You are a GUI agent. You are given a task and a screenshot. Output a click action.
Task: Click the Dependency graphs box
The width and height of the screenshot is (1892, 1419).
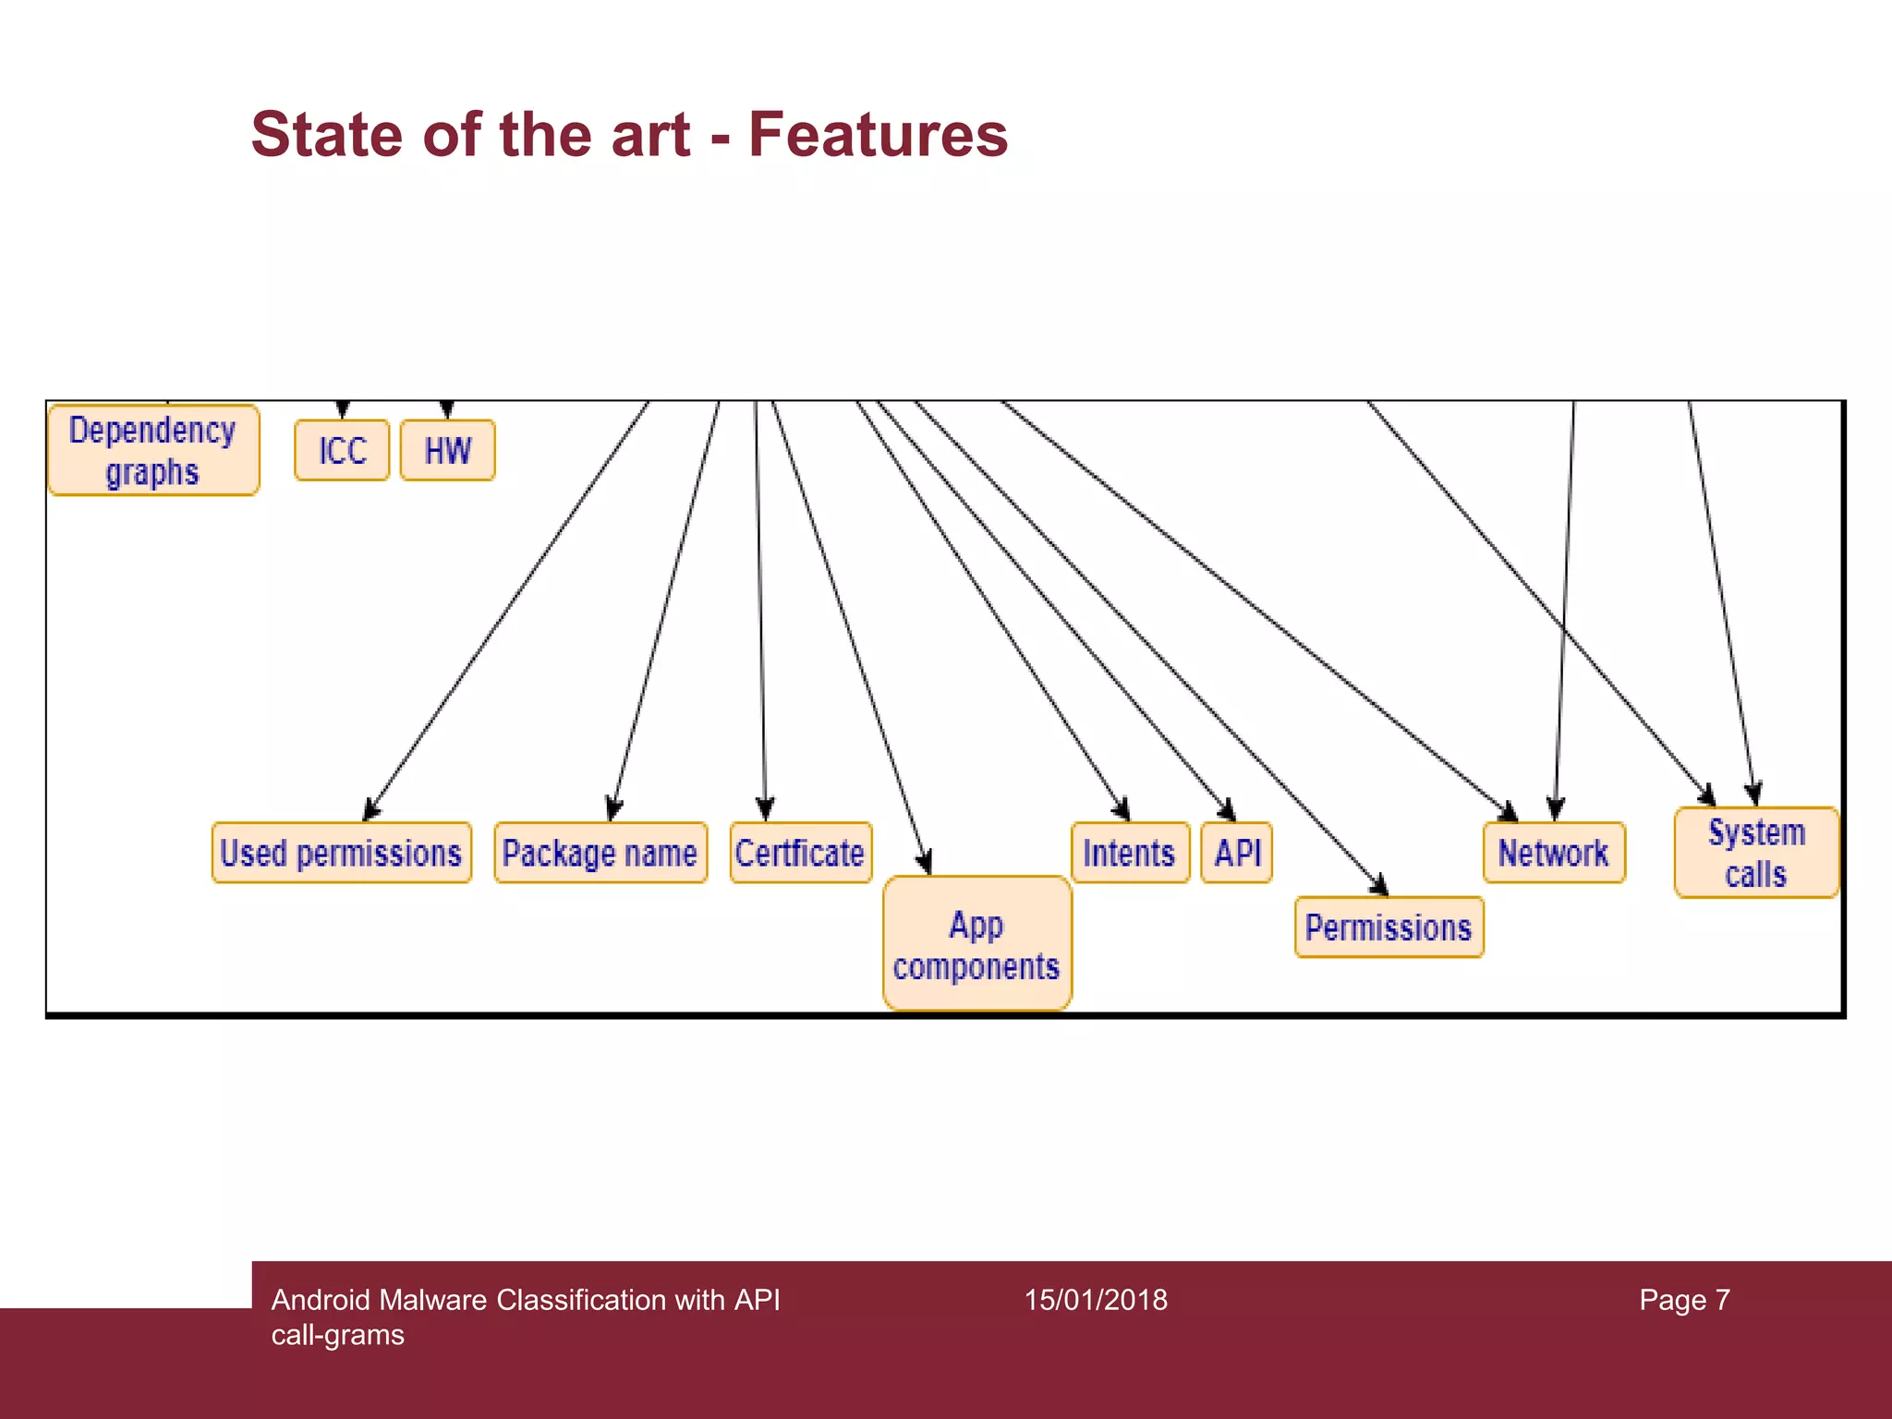(x=153, y=451)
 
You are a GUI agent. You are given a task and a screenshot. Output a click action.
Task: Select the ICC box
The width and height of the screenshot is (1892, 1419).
(x=342, y=451)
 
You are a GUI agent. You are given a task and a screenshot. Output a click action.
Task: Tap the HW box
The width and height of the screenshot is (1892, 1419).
(x=448, y=451)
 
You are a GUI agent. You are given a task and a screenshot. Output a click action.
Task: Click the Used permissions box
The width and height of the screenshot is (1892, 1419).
(x=341, y=853)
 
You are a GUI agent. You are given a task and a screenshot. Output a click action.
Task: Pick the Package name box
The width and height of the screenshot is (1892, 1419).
(x=600, y=853)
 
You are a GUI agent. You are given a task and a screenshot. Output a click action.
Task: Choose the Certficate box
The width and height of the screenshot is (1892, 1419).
(x=800, y=853)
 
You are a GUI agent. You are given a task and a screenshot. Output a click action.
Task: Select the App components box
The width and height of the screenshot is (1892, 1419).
(x=976, y=944)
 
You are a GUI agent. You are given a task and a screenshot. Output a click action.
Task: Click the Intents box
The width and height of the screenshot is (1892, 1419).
(x=1129, y=853)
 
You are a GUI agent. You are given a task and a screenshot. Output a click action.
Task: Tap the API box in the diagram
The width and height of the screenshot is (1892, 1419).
(x=1237, y=853)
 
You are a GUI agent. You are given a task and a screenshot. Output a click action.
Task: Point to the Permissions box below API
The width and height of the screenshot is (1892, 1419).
(x=1389, y=928)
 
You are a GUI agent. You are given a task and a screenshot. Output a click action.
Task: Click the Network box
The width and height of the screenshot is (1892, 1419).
(x=1554, y=853)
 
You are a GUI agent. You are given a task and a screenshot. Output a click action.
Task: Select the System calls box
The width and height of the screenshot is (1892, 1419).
(x=1756, y=853)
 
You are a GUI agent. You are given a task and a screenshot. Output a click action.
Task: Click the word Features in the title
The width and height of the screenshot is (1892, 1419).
(x=878, y=135)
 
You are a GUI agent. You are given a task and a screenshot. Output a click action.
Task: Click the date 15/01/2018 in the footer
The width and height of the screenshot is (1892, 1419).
(x=1096, y=1300)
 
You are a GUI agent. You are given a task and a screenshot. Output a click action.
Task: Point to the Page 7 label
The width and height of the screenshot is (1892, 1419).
(x=1684, y=1300)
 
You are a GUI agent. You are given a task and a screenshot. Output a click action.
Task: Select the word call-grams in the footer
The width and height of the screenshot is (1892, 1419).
(x=337, y=1335)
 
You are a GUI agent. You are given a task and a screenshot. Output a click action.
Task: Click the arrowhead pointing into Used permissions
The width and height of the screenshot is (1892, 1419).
(x=371, y=810)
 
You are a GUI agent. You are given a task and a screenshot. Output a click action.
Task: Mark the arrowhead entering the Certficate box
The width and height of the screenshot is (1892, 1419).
(x=765, y=809)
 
